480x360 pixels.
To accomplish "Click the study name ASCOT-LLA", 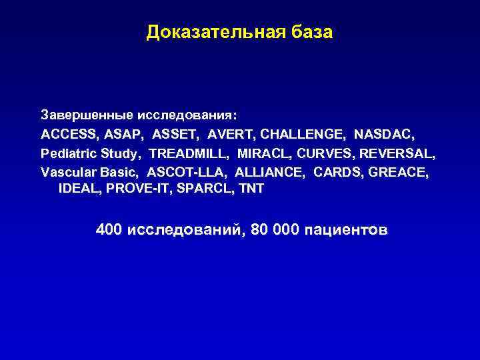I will click(187, 172).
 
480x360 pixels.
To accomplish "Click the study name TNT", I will click(251, 189).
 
